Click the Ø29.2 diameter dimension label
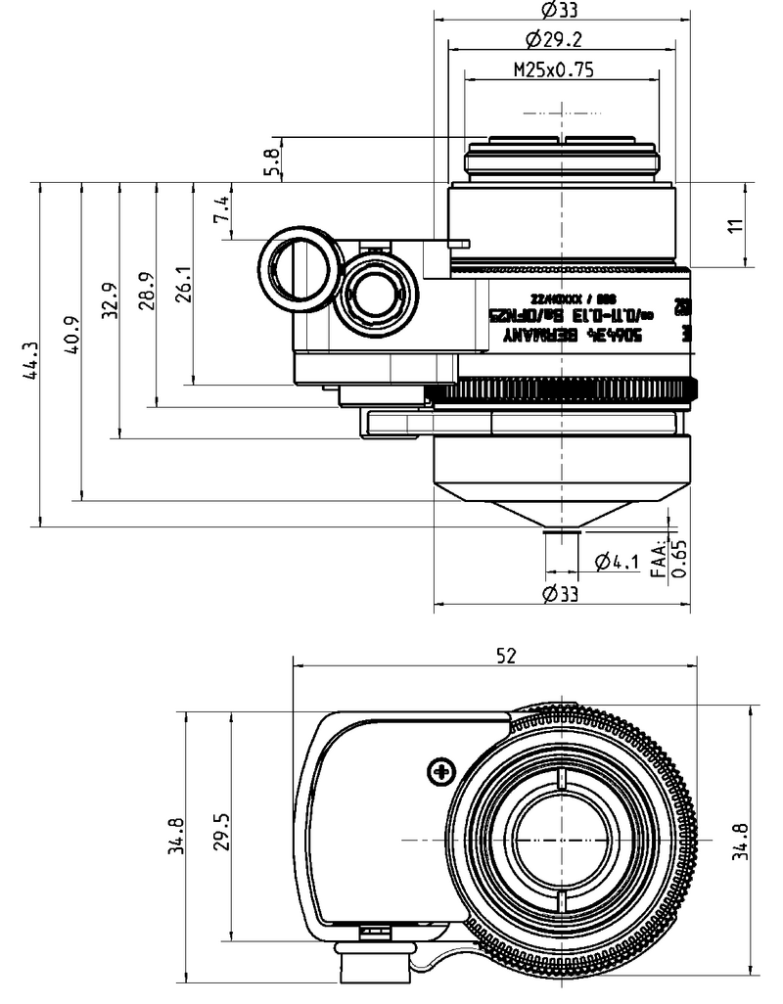coord(561,39)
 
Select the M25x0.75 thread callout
coord(554,69)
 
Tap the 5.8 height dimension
coord(273,159)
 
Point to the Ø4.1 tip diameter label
coord(617,561)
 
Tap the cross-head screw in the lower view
coord(441,772)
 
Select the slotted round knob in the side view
coord(300,267)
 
